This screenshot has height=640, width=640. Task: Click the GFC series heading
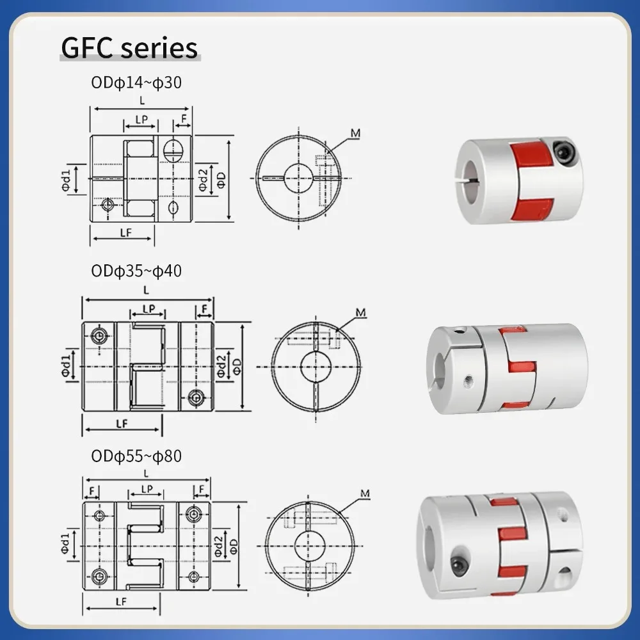(129, 48)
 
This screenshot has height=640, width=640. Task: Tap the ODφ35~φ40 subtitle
(136, 271)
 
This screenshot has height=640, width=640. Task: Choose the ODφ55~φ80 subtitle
(136, 456)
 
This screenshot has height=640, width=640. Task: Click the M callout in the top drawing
(355, 133)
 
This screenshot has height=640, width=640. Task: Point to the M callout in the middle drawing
(360, 312)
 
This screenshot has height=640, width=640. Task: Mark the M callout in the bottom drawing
(365, 493)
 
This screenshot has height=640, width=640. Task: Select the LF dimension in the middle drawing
(122, 423)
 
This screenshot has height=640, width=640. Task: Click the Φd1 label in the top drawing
(67, 179)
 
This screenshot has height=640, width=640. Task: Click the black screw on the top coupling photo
(565, 153)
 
